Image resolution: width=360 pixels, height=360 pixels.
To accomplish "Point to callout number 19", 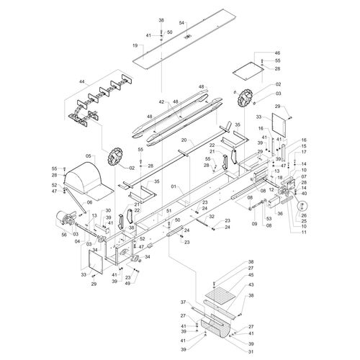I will point(134,45).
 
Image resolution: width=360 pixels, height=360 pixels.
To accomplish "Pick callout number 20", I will point(184,140).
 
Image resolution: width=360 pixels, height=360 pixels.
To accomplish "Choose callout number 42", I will point(162,102).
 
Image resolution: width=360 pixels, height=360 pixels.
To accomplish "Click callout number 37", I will point(183,302).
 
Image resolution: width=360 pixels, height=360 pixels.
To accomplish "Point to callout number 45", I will point(251,274).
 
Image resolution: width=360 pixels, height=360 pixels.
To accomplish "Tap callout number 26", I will point(304,215).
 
